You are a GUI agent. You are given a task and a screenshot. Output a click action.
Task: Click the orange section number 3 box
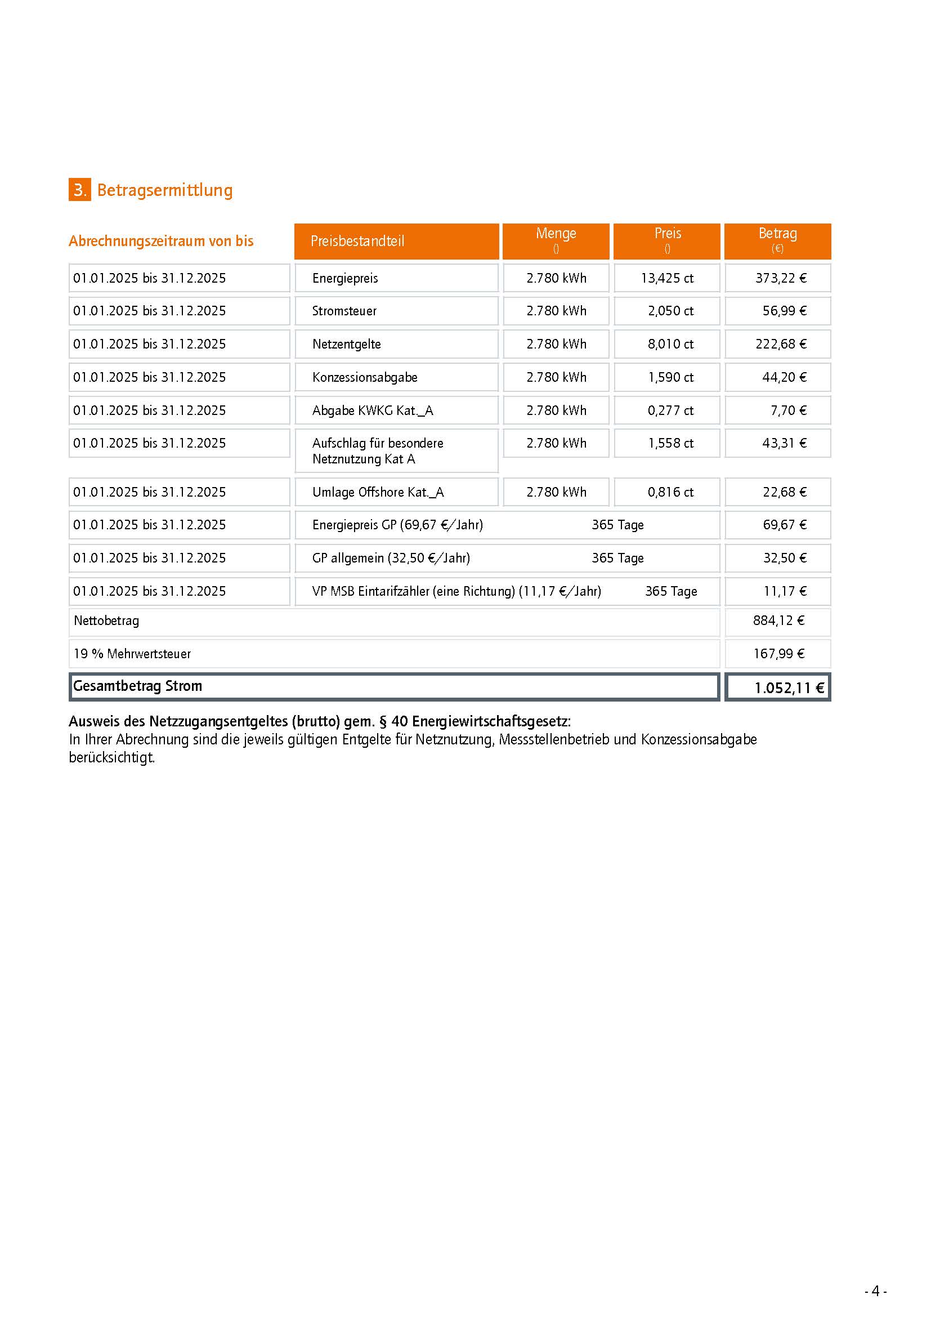(x=79, y=190)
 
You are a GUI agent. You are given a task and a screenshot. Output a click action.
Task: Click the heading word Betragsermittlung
(x=164, y=190)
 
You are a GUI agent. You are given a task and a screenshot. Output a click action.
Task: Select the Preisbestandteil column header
(x=357, y=241)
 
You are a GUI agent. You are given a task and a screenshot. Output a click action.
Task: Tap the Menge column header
(x=556, y=234)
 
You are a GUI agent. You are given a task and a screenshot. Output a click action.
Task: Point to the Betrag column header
(x=777, y=234)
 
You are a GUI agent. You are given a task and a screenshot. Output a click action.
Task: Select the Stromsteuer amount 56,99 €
(x=784, y=311)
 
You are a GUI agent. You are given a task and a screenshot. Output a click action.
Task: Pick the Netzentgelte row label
(x=346, y=344)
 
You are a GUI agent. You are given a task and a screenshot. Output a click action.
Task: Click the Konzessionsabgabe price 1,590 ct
(x=670, y=377)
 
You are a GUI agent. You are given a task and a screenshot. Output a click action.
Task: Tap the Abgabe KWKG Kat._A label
(x=373, y=410)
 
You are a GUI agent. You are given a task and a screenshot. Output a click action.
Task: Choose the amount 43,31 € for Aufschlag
(x=784, y=443)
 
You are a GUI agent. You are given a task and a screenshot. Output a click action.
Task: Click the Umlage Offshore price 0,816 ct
(x=670, y=492)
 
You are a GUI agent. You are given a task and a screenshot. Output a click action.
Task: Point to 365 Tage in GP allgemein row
(x=617, y=558)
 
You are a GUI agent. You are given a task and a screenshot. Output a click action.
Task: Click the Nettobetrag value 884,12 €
(x=778, y=620)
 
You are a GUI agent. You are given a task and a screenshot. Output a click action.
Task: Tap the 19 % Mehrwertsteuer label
(x=132, y=654)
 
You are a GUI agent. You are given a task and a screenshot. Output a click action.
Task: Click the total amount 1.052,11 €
(x=789, y=687)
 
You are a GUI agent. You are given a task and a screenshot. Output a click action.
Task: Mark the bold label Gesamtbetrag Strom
(x=137, y=686)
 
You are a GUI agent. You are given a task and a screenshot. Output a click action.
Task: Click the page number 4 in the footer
(x=875, y=1291)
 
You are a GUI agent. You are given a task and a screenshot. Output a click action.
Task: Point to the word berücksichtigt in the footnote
(x=111, y=758)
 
